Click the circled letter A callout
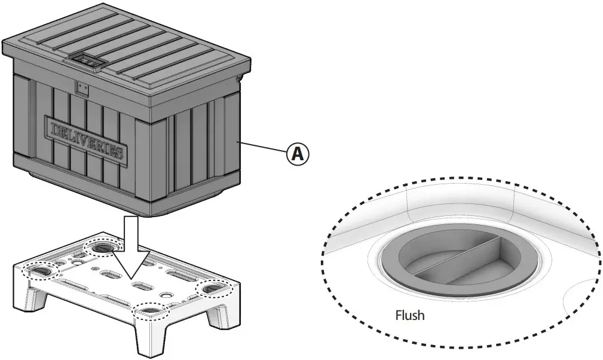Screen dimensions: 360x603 pyautogui.click(x=297, y=154)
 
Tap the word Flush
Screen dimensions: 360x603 pyautogui.click(x=410, y=315)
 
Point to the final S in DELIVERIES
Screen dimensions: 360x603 pyautogui.click(x=118, y=152)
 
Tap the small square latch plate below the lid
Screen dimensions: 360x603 pyautogui.click(x=82, y=89)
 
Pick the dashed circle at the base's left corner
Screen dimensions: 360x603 pyautogui.click(x=38, y=271)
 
